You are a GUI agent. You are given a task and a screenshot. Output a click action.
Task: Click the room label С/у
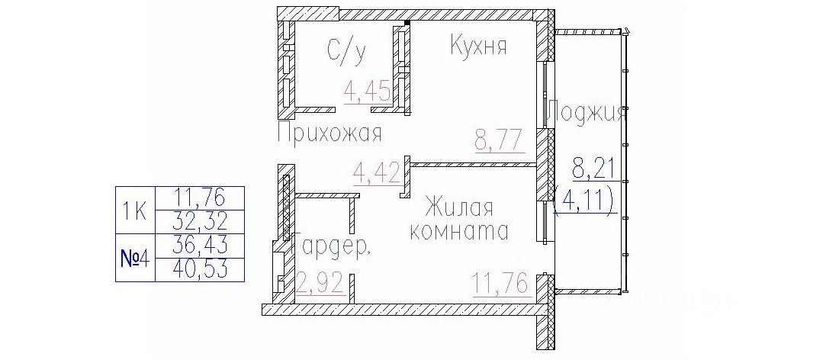pos(347,51)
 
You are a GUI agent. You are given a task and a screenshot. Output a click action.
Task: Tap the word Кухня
pos(478,47)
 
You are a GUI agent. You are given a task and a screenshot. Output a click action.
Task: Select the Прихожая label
pos(329,134)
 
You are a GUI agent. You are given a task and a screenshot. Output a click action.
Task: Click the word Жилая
pos(459,207)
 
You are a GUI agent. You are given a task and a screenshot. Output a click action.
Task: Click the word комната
pos(459,230)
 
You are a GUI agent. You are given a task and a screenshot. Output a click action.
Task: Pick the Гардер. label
pos(333,248)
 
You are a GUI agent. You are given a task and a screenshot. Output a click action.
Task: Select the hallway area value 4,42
pos(375,172)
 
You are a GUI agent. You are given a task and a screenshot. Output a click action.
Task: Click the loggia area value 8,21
pos(593,167)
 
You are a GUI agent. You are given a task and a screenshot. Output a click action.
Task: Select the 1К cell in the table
pos(136,210)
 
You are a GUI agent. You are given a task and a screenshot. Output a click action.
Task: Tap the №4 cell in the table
pos(136,258)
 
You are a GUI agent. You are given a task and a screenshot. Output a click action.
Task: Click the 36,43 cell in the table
pos(200,246)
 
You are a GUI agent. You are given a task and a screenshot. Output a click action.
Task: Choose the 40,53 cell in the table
pos(200,269)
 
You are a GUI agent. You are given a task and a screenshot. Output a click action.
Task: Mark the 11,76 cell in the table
pos(200,198)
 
